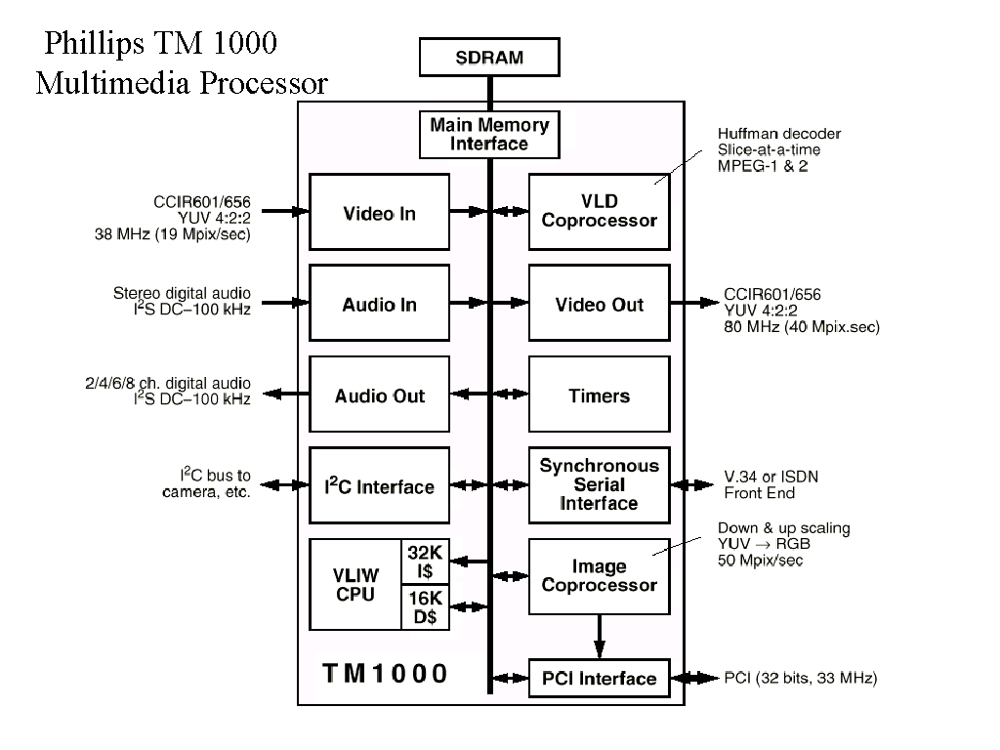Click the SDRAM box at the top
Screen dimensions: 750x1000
point(489,58)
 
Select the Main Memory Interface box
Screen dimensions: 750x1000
point(489,135)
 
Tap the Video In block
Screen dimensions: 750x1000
point(379,214)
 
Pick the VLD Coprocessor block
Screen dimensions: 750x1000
point(599,211)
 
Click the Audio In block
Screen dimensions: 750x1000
point(379,305)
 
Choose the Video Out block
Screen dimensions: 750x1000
point(599,305)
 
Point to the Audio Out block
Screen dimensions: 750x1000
point(379,396)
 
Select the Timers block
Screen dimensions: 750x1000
point(599,396)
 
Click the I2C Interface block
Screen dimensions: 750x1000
point(379,486)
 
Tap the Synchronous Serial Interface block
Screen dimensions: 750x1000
point(599,485)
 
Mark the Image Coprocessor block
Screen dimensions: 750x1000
point(599,576)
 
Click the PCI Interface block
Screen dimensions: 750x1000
point(599,679)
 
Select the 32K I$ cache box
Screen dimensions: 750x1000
point(426,562)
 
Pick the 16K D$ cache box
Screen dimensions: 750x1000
point(426,607)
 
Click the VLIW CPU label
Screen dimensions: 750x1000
point(354,584)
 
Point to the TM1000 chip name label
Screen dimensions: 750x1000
point(385,673)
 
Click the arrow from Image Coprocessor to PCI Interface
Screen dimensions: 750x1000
point(599,638)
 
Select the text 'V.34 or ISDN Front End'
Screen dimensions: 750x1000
point(771,484)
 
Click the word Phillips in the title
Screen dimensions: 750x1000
point(95,44)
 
